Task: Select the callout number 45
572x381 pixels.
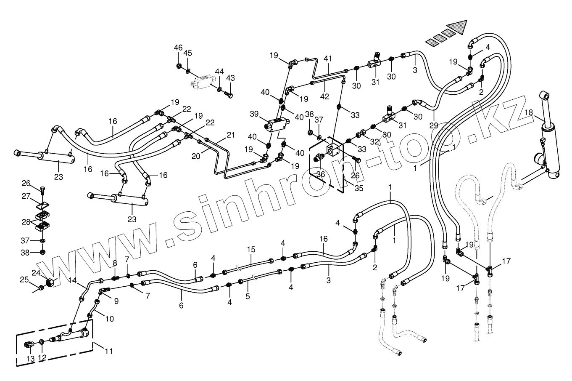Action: (x=188, y=53)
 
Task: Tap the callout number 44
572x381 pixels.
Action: (x=220, y=72)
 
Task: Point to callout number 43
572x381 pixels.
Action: (x=230, y=78)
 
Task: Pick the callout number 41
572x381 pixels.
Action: (x=328, y=59)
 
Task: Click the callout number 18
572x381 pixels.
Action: (x=529, y=112)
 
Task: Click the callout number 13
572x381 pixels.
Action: (x=30, y=358)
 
